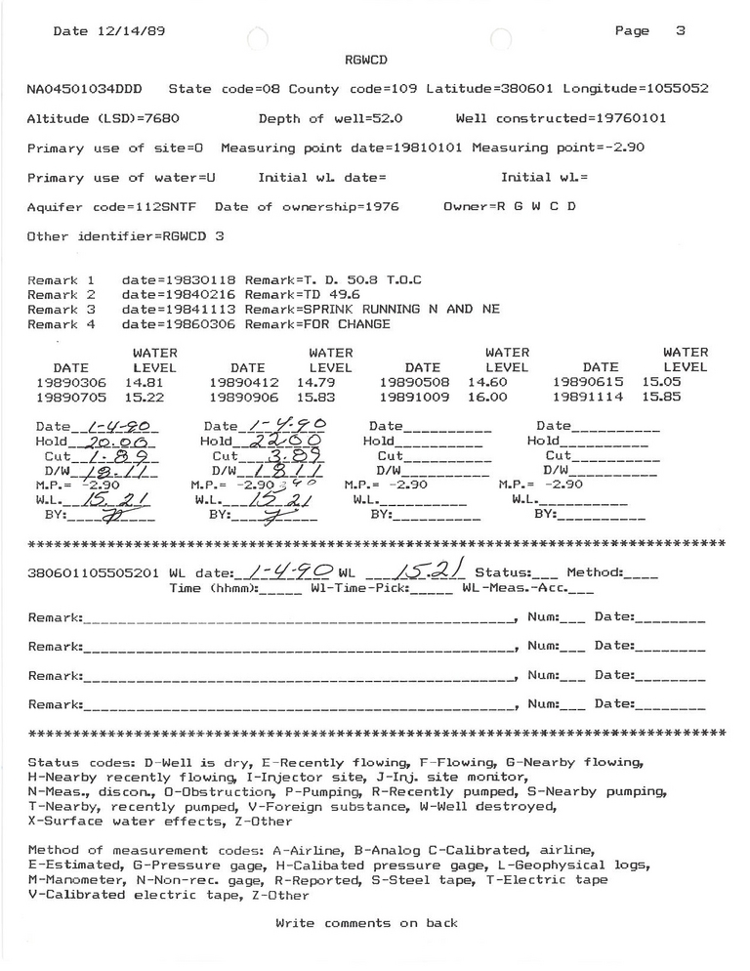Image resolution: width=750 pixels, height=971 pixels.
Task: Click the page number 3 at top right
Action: pyautogui.click(x=680, y=30)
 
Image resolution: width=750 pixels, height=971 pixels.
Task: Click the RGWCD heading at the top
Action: pyautogui.click(x=366, y=60)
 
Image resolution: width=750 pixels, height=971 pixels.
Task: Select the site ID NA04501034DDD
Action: pyautogui.click(x=84, y=89)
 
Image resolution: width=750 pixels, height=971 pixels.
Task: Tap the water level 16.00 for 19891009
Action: pyautogui.click(x=487, y=399)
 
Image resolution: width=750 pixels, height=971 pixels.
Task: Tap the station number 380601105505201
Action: pyautogui.click(x=94, y=573)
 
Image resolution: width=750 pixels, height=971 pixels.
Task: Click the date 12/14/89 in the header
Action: pyautogui.click(x=124, y=30)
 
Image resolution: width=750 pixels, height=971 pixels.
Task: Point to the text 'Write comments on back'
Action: pyautogui.click(x=366, y=923)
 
